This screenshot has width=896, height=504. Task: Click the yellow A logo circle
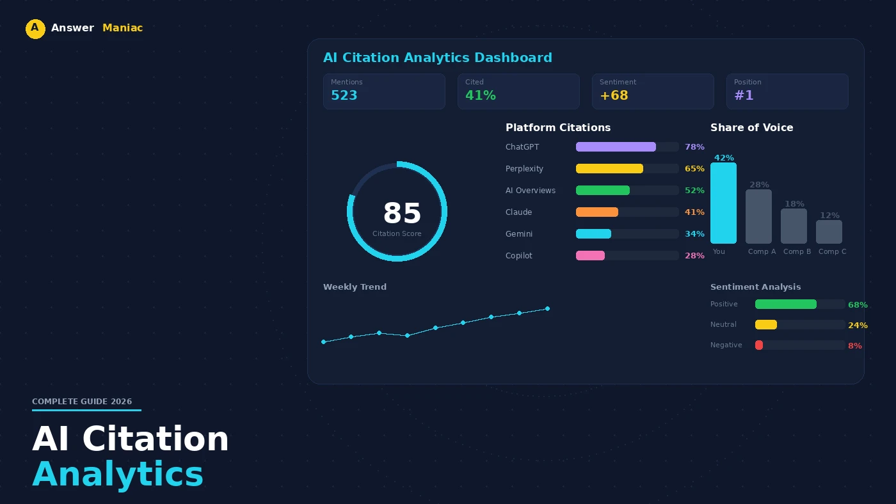[35, 29]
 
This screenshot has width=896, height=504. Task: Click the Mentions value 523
[344, 96]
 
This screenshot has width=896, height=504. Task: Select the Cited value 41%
[481, 96]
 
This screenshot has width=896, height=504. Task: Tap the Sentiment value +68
[614, 96]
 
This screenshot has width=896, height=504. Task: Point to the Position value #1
[744, 96]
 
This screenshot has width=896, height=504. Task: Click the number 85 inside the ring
[402, 214]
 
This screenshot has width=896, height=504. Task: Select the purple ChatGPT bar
[616, 147]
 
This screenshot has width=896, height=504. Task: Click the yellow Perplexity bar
[609, 169]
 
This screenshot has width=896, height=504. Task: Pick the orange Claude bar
[597, 212]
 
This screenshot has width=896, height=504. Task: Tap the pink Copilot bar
[590, 256]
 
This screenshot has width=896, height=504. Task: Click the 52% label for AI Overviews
[694, 191]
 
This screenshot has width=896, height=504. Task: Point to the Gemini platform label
[519, 234]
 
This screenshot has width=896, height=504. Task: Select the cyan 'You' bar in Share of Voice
[723, 203]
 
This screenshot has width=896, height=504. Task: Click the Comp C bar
[829, 232]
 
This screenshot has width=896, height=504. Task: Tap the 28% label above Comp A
[759, 185]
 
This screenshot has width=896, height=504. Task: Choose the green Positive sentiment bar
[786, 304]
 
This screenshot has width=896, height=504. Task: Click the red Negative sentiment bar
[759, 345]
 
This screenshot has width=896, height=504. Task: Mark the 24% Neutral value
[858, 326]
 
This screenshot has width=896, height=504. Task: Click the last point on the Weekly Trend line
[547, 309]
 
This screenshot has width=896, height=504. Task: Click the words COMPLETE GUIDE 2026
[82, 402]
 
